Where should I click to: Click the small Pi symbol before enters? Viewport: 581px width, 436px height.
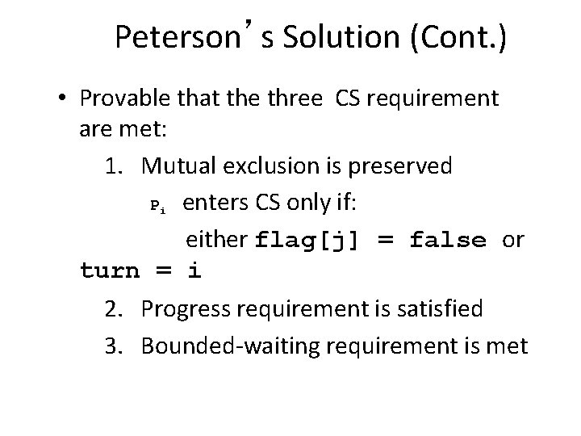coord(158,206)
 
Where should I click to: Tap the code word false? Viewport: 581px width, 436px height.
coord(448,240)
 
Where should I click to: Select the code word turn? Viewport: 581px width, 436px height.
coord(111,271)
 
